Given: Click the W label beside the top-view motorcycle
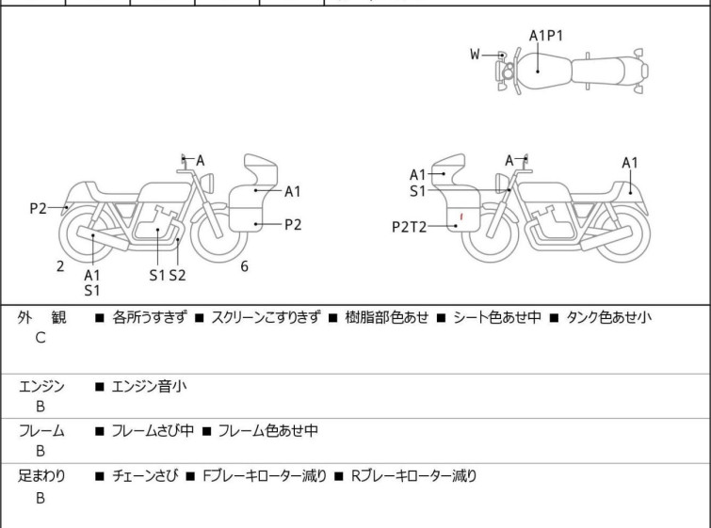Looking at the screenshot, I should click(x=476, y=55).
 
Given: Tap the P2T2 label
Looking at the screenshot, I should click(x=410, y=226).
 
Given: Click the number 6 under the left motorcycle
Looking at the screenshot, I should click(x=244, y=266).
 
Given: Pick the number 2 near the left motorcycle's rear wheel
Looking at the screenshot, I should click(x=60, y=266).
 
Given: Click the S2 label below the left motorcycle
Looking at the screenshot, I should click(x=177, y=275).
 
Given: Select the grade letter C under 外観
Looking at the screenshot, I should click(x=40, y=337).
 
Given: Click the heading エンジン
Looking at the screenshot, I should click(x=41, y=385).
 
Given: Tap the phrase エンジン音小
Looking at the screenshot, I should click(x=149, y=385).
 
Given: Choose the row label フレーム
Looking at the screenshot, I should click(x=41, y=431).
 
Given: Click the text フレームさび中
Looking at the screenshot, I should click(x=153, y=431).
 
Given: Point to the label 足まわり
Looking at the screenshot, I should click(x=41, y=476).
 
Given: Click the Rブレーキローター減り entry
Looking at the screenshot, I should click(x=414, y=476).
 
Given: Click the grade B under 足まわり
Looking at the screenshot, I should click(x=40, y=498).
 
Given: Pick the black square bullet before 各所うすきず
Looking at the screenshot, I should click(x=99, y=317).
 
